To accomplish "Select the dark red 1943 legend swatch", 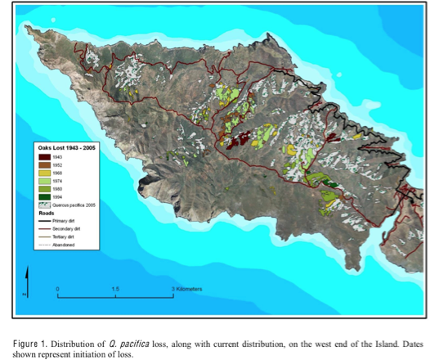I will click(45, 156).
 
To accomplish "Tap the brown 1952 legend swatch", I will click(45, 165).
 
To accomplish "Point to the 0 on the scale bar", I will click(57, 289).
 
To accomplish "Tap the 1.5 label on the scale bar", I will click(114, 289).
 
